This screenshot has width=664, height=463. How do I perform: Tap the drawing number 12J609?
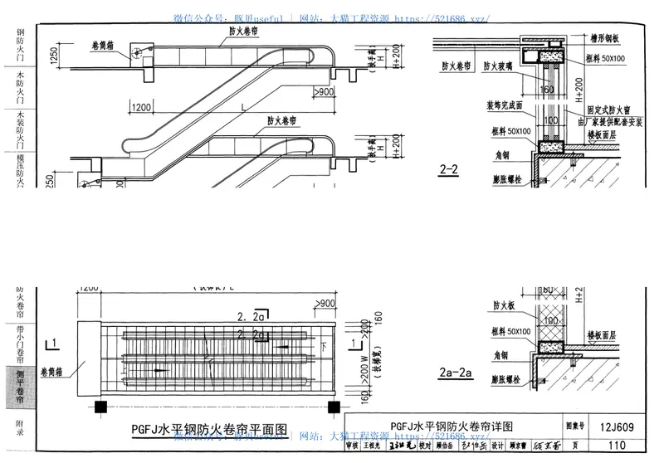tap(617, 427)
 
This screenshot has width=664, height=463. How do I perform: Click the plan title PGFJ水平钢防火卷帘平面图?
tap(210, 430)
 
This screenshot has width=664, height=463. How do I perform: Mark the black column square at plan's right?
tap(334, 407)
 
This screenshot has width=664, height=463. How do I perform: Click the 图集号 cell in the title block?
tap(576, 427)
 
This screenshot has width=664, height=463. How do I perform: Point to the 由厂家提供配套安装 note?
tap(611, 120)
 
